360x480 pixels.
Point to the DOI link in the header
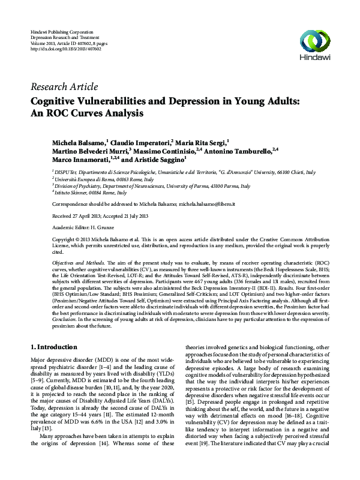pos(66,49)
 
